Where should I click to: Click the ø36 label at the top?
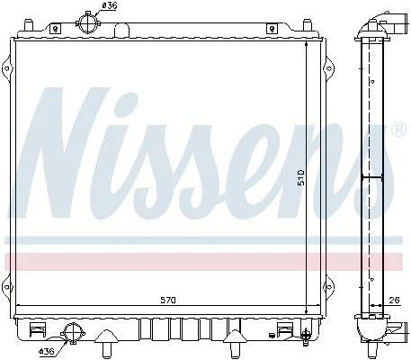tap(110, 5)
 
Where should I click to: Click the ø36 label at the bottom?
tap(47, 351)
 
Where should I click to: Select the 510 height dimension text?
tap(301, 177)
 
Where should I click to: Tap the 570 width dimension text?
tap(168, 300)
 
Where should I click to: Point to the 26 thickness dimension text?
tap(395, 300)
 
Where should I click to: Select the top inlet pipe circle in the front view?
tap(87, 23)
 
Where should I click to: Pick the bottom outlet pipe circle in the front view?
tap(73, 333)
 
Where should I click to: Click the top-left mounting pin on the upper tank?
tap(28, 25)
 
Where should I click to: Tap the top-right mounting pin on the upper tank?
tap(308, 25)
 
